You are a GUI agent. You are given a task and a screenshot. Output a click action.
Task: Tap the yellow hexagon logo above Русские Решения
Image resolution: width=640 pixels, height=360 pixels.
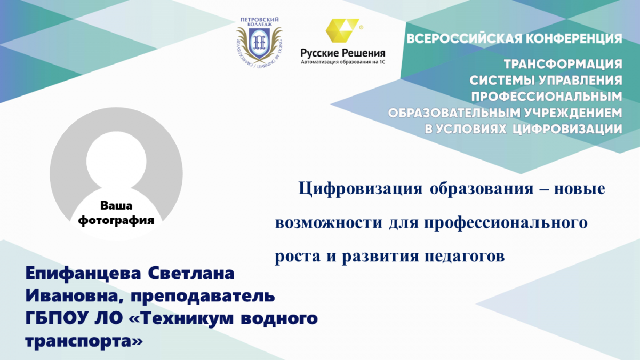click(x=342, y=30)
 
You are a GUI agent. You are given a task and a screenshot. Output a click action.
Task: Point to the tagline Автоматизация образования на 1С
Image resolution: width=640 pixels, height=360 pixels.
click(x=343, y=62)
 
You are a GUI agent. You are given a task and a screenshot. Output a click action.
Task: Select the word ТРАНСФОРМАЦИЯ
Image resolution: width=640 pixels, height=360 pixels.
click(x=563, y=64)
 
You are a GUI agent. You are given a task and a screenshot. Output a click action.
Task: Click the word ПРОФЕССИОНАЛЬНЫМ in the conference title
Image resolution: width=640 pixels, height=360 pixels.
click(x=547, y=97)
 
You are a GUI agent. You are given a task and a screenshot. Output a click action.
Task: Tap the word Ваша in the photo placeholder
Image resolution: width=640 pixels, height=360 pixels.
click(x=116, y=205)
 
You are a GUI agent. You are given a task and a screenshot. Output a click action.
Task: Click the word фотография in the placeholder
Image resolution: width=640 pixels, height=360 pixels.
click(x=116, y=220)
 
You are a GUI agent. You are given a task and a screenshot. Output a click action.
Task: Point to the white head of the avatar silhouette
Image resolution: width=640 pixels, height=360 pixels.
click(x=116, y=162)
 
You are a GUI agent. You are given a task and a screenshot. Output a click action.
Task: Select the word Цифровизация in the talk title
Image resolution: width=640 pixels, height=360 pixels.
click(x=361, y=189)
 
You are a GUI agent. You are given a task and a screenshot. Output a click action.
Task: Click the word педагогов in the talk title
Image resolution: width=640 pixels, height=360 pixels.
click(x=465, y=257)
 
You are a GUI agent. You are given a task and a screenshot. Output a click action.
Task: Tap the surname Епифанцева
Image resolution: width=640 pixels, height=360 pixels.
click(x=83, y=274)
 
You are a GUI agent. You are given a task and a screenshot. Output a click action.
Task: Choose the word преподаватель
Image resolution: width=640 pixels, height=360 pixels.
click(x=203, y=296)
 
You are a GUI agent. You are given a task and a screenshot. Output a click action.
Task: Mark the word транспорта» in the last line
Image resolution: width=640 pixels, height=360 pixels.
click(x=84, y=341)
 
